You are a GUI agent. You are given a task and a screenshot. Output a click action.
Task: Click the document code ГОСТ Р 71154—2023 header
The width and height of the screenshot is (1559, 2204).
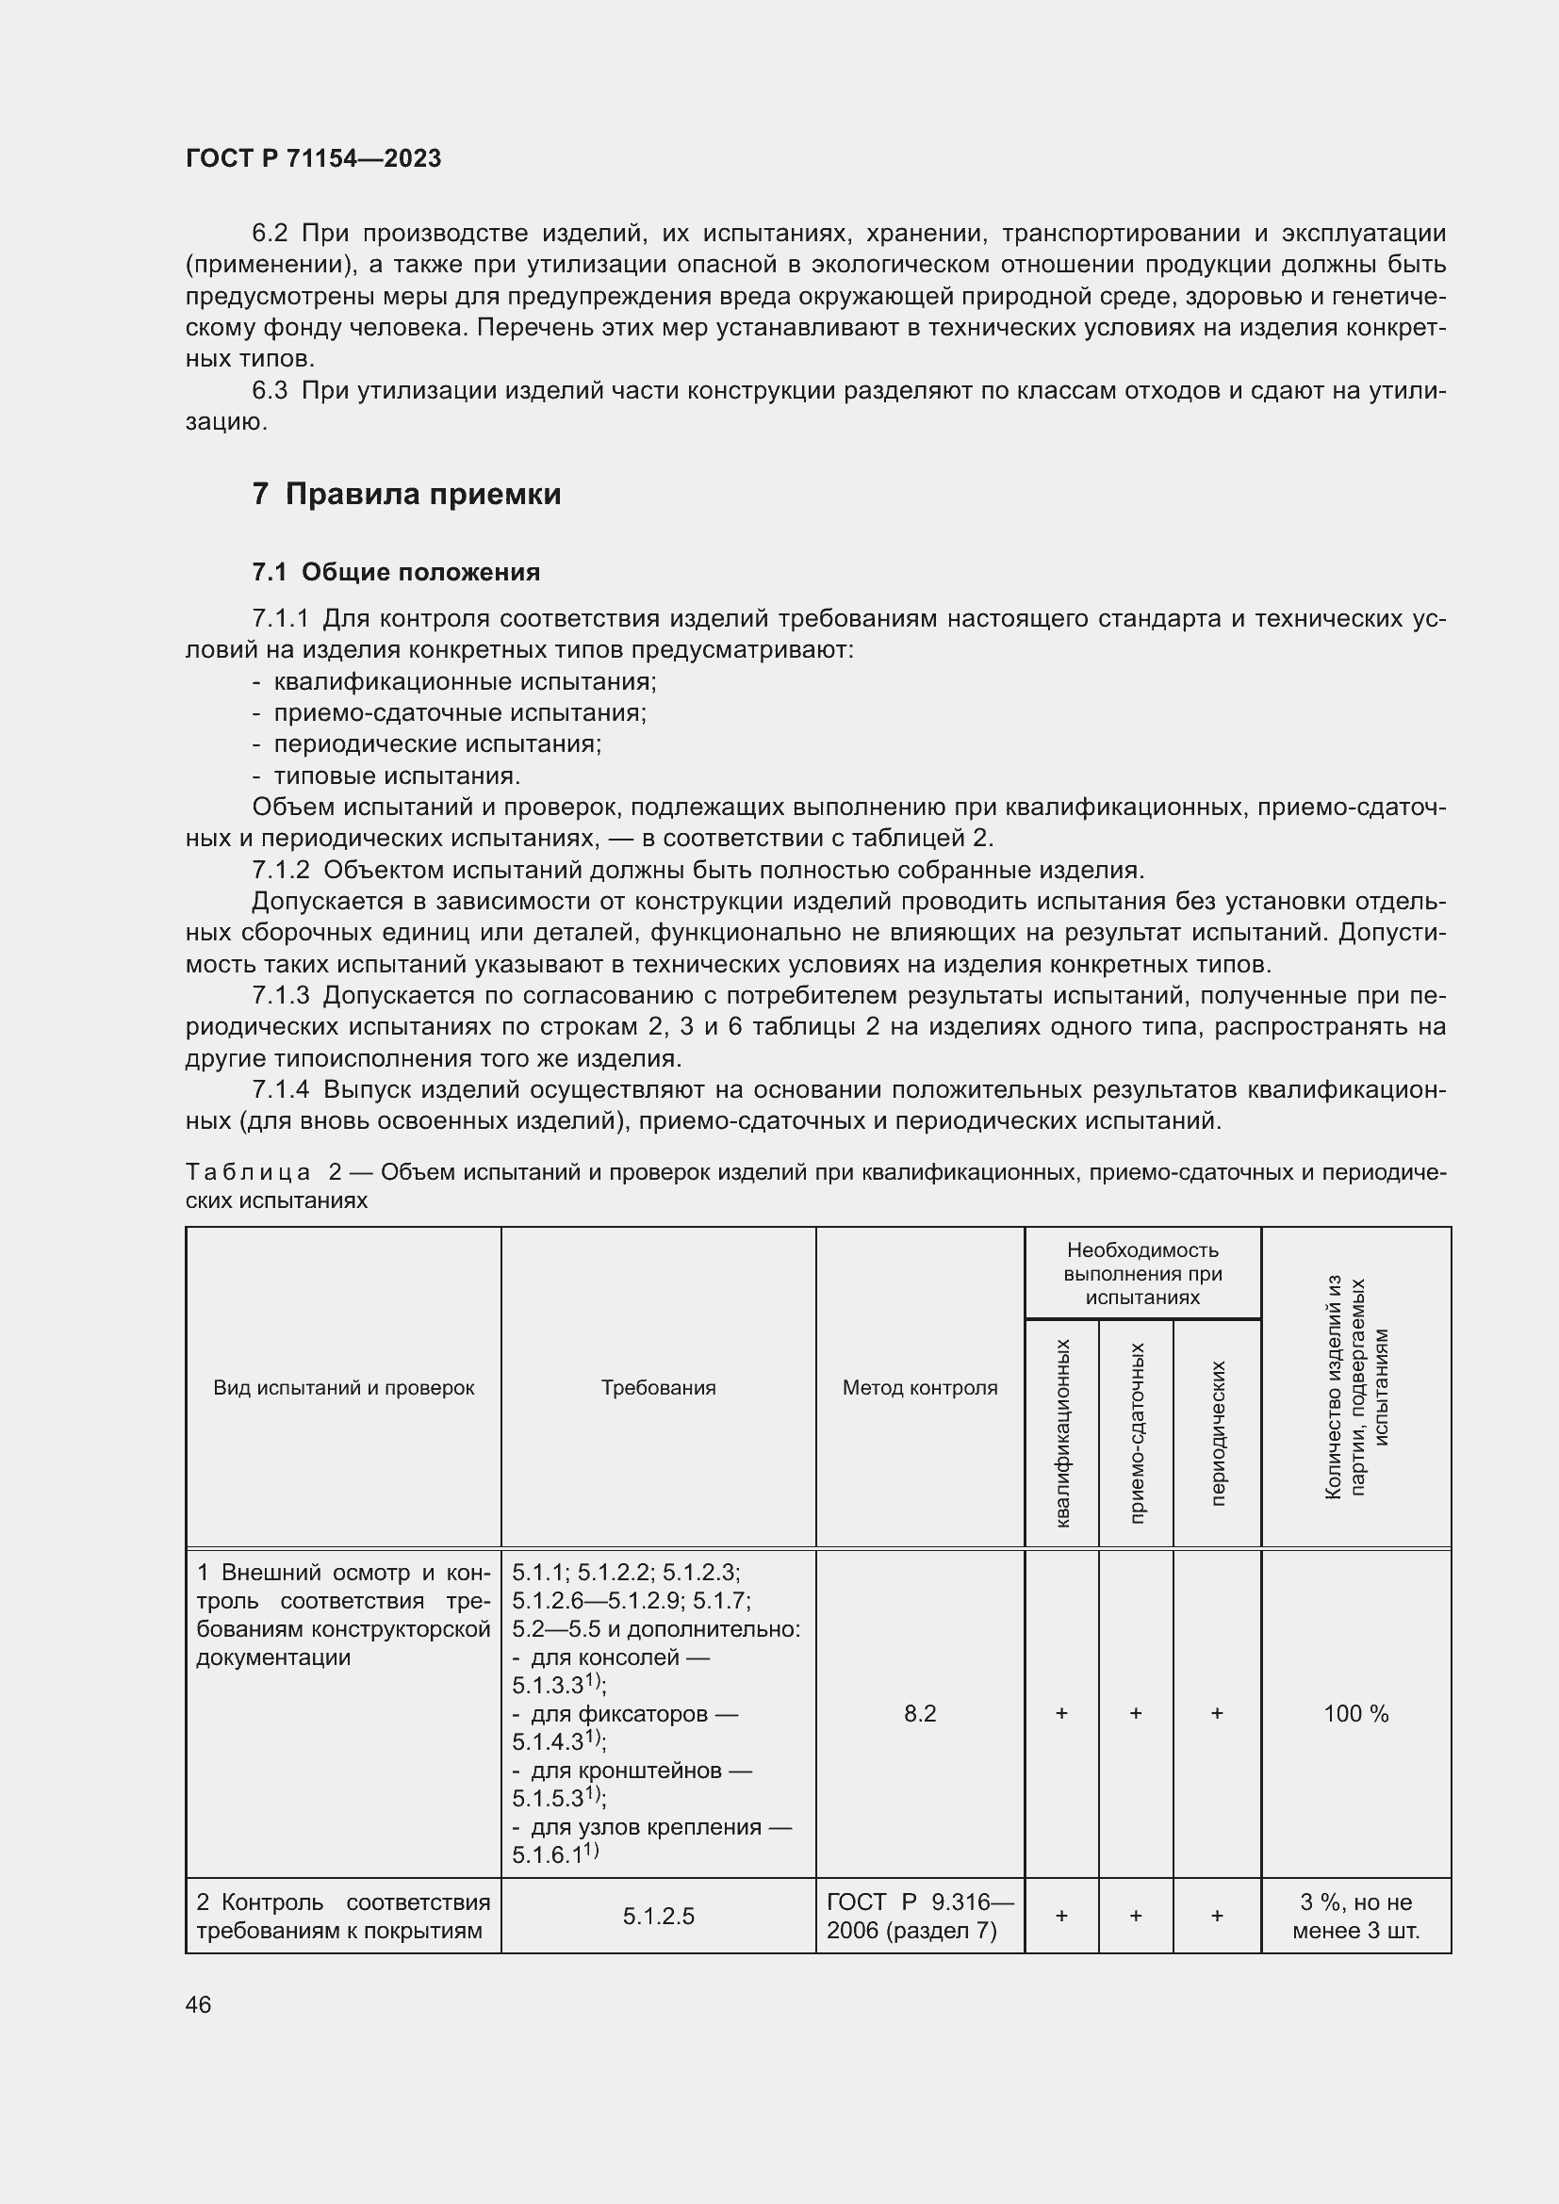(313, 158)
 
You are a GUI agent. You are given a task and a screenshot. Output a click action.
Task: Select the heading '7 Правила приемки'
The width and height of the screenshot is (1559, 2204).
(406, 495)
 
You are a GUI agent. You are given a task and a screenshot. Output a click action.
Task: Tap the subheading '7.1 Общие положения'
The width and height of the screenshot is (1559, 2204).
(396, 572)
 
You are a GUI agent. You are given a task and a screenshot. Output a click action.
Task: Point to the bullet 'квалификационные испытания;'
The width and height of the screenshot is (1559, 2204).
(465, 681)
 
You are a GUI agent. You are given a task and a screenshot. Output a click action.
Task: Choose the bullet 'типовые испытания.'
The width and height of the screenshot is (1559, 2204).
(397, 775)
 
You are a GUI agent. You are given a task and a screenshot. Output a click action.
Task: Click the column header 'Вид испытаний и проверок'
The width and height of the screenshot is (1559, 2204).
(344, 1387)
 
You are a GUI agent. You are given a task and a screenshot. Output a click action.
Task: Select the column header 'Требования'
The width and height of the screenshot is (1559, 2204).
(659, 1387)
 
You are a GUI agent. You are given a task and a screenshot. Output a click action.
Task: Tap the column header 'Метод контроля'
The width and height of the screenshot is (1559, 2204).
(920, 1387)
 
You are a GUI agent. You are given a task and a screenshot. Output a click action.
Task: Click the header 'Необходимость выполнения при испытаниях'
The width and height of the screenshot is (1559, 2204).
(1142, 1274)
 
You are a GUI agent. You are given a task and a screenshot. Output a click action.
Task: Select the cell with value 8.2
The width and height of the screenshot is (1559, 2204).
(920, 1713)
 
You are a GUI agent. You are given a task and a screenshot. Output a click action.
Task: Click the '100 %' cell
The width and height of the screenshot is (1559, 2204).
(1355, 1713)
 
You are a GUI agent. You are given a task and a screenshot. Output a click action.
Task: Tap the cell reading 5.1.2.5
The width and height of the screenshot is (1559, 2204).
(659, 1916)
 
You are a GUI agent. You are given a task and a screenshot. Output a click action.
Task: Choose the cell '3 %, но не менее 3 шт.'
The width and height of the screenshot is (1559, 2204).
(1355, 1916)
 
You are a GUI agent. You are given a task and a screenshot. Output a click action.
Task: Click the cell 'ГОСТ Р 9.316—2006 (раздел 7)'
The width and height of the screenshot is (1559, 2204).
(920, 1916)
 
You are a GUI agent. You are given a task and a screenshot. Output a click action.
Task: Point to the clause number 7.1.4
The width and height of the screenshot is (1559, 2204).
(280, 1089)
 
